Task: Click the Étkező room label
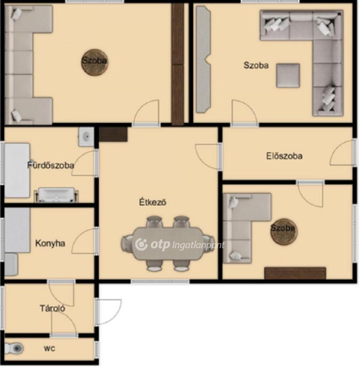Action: click(153, 202)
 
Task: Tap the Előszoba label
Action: click(284, 156)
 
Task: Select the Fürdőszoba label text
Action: click(51, 165)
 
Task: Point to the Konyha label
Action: click(50, 243)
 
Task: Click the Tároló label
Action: click(52, 308)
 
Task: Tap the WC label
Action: click(50, 349)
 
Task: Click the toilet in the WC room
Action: click(14, 348)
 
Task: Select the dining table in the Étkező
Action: click(167, 244)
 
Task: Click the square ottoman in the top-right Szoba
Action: click(288, 76)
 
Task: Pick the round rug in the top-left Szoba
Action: click(94, 62)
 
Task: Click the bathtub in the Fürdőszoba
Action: click(17, 171)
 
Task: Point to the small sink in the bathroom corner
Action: click(86, 137)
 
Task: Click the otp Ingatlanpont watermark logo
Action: click(180, 245)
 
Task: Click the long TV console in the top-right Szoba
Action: click(203, 59)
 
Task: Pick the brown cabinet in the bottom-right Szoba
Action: click(295, 273)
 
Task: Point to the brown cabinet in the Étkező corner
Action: click(113, 134)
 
